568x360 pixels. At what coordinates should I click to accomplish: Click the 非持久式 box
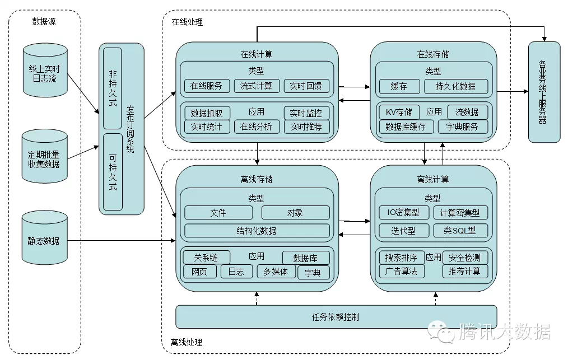point(113,88)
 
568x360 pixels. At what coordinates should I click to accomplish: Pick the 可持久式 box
point(113,171)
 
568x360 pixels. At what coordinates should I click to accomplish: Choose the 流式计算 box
point(256,86)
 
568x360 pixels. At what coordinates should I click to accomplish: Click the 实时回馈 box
point(306,86)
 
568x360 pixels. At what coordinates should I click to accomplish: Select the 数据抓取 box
point(206,113)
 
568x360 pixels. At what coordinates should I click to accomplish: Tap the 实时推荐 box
point(306,127)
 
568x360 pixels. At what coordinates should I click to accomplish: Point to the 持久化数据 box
point(457,86)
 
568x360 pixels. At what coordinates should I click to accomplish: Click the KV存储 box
point(399,112)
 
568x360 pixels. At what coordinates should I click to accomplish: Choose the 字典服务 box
point(462,127)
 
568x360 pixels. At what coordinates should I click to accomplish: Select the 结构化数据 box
point(257,231)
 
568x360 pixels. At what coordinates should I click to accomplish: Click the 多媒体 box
point(276,272)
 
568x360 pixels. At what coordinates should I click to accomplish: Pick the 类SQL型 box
point(460,230)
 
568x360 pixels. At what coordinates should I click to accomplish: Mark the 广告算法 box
point(402,271)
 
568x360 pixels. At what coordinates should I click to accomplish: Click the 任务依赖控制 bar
point(336,317)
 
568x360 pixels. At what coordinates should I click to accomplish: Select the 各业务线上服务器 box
point(543,92)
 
